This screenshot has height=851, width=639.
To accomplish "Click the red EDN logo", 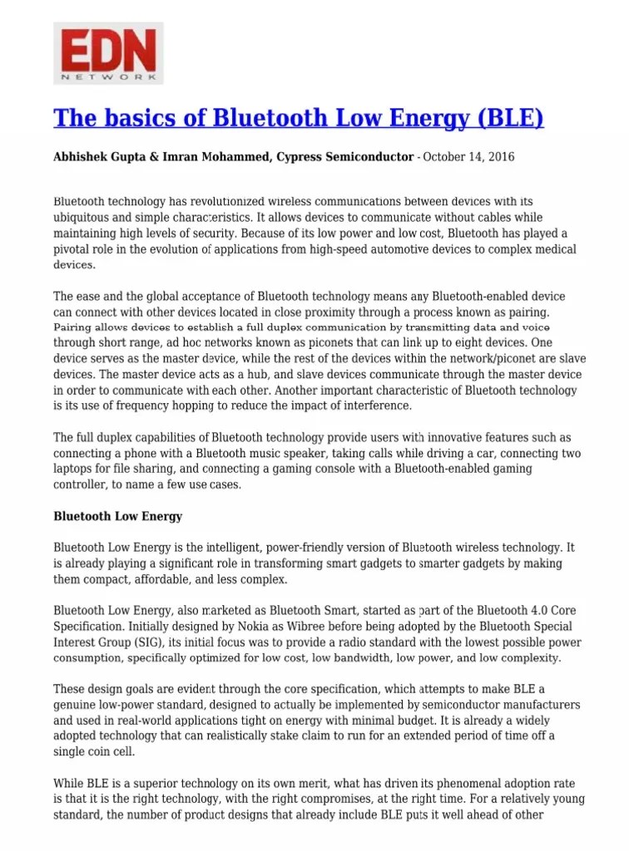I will pos(108,53).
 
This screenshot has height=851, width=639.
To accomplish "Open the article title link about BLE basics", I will pos(298,118).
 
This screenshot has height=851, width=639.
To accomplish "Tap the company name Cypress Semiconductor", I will pos(345,157).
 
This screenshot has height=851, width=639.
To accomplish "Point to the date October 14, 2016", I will pos(468,157).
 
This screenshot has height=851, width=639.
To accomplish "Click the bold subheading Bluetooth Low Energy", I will pos(117,516).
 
